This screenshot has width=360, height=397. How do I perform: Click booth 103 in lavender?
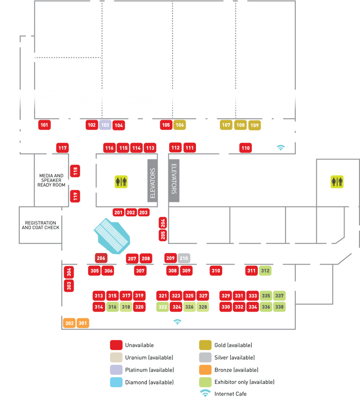click(x=105, y=125)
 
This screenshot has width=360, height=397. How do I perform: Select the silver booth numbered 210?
click(x=184, y=258)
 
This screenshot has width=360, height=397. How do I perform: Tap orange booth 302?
click(x=69, y=323)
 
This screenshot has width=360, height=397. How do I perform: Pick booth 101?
click(x=45, y=125)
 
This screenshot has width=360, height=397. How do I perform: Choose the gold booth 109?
click(x=255, y=125)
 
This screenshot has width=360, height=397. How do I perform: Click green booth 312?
click(x=265, y=270)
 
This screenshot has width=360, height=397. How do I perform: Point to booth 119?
click(x=75, y=196)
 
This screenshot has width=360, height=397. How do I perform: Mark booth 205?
click(x=163, y=235)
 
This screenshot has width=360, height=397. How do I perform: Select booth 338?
click(x=279, y=307)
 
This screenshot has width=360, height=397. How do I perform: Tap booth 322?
click(x=163, y=307)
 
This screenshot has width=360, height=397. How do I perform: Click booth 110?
click(x=246, y=148)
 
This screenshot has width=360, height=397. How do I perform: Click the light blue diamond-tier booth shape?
click(x=112, y=235)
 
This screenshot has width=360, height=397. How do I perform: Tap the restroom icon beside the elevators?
click(x=121, y=182)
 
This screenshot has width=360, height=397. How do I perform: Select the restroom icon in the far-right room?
click(x=337, y=182)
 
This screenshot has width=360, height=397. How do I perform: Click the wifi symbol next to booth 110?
click(x=281, y=147)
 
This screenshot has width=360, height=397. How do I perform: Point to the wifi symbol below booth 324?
click(x=177, y=322)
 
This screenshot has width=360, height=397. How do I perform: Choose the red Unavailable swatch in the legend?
click(x=116, y=345)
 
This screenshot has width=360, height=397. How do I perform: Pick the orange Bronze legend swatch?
click(x=205, y=370)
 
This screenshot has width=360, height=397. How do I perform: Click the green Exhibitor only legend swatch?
click(x=205, y=382)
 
